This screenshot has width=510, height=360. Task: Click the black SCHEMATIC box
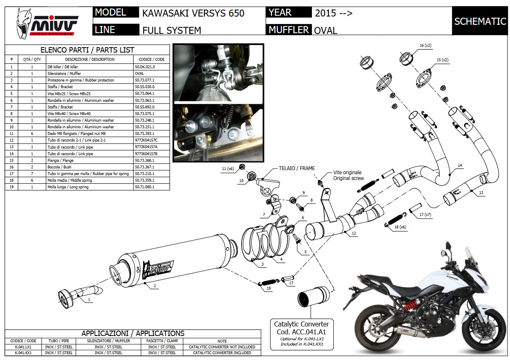(x=480, y=21)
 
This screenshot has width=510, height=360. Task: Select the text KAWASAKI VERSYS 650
(x=193, y=13)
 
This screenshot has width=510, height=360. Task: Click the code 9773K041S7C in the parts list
(x=146, y=140)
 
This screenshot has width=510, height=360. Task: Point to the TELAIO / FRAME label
(x=296, y=168)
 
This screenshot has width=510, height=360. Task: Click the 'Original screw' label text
(x=348, y=178)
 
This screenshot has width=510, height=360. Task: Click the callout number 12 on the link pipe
(x=354, y=233)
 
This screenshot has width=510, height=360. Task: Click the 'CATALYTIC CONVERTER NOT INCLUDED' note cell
(x=222, y=347)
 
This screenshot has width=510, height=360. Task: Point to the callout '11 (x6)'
(x=227, y=168)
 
